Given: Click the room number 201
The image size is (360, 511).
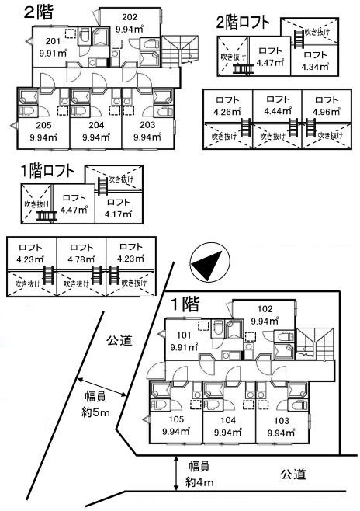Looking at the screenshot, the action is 53,41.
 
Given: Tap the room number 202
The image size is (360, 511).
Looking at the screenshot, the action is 130,17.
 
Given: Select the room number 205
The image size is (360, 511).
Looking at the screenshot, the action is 43,125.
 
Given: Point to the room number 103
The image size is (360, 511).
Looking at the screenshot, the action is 281,420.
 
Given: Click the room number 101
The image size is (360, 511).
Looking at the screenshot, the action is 184,335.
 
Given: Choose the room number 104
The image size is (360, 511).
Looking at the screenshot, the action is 228,420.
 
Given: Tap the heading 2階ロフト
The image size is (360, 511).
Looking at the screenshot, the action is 243,23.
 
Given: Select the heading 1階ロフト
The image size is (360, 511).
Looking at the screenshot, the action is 48,171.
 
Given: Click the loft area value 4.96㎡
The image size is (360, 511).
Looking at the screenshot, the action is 327,112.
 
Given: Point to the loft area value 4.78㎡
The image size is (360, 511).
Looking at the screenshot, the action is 81,259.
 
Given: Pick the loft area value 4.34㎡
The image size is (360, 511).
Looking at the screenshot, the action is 315,67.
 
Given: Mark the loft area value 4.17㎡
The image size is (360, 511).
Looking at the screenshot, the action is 118,214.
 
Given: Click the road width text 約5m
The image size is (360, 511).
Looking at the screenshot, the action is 95,413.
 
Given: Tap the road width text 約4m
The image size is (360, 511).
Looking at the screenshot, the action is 199,482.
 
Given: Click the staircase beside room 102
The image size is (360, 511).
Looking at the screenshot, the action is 315,343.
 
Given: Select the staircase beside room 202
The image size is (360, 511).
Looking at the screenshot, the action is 180,50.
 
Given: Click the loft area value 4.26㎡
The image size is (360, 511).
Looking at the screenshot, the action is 227,112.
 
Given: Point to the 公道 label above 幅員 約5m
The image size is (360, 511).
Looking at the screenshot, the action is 119,341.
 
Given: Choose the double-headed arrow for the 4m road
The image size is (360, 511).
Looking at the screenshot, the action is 176,473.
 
